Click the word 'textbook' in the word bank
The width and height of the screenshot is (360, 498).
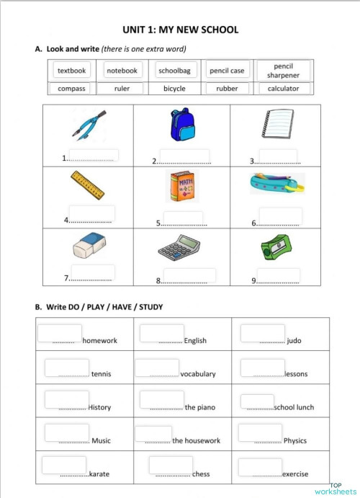72,71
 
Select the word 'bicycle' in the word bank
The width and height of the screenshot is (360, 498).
174,89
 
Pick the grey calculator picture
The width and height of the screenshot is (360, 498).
179,249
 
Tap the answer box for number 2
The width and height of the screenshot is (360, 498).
185,156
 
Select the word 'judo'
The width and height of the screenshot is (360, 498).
294,341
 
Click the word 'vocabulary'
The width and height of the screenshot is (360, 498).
198,374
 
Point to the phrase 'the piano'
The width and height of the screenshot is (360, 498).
199,407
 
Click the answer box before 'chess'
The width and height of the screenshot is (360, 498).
171,465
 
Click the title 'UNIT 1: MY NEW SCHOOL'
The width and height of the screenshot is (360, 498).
181,30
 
